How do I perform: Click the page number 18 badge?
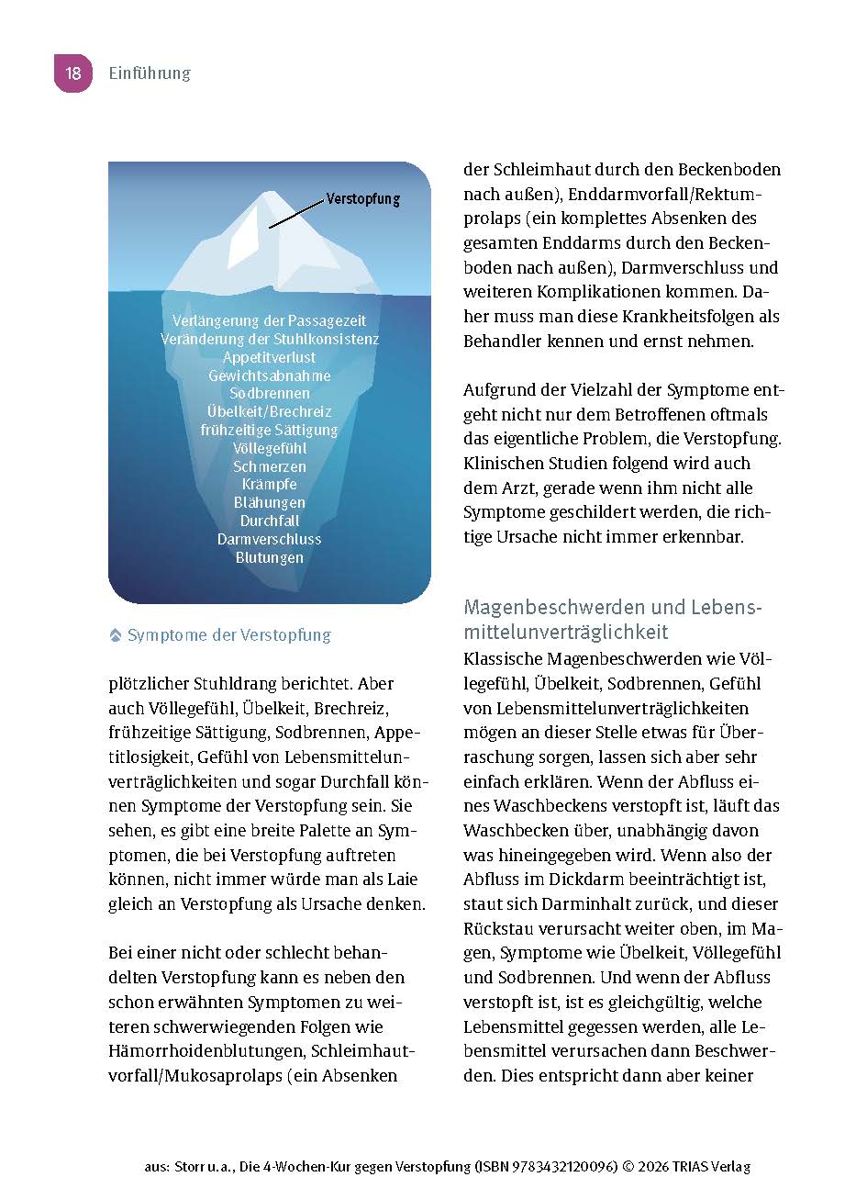[73, 73]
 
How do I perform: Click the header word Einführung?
[150, 73]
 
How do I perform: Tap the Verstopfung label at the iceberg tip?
[363, 198]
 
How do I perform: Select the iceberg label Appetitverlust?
[269, 357]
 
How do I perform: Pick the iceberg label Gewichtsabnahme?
[269, 376]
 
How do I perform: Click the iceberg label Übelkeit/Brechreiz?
[269, 412]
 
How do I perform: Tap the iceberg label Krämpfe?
[269, 485]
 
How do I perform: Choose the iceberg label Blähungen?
[269, 503]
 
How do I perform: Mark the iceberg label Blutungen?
[269, 557]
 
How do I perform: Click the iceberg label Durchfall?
[269, 521]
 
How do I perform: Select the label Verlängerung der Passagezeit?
[269, 320]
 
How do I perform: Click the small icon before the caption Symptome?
[116, 635]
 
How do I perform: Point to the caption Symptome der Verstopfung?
[228, 635]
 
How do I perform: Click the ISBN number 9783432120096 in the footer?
[562, 1167]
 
